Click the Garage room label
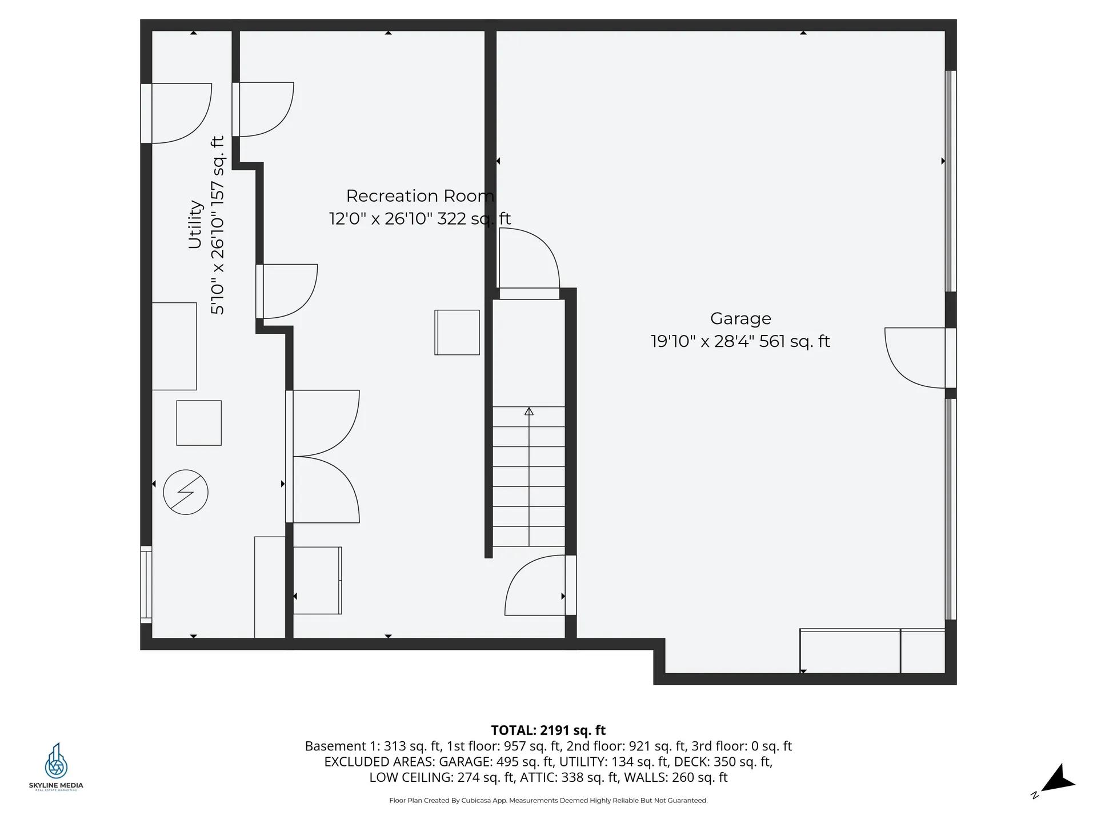pyautogui.click(x=740, y=318)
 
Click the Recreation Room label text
pyautogui.click(x=419, y=196)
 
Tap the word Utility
pyautogui.click(x=195, y=224)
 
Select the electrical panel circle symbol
pyautogui.click(x=186, y=492)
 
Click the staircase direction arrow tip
pyautogui.click(x=529, y=410)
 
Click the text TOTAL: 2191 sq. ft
pyautogui.click(x=548, y=730)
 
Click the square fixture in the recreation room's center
pyautogui.click(x=457, y=333)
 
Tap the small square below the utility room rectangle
pyautogui.click(x=199, y=423)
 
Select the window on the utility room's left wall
pyautogui.click(x=146, y=584)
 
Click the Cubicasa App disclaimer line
pyautogui.click(x=548, y=801)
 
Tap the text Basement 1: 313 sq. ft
pyautogui.click(x=373, y=746)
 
